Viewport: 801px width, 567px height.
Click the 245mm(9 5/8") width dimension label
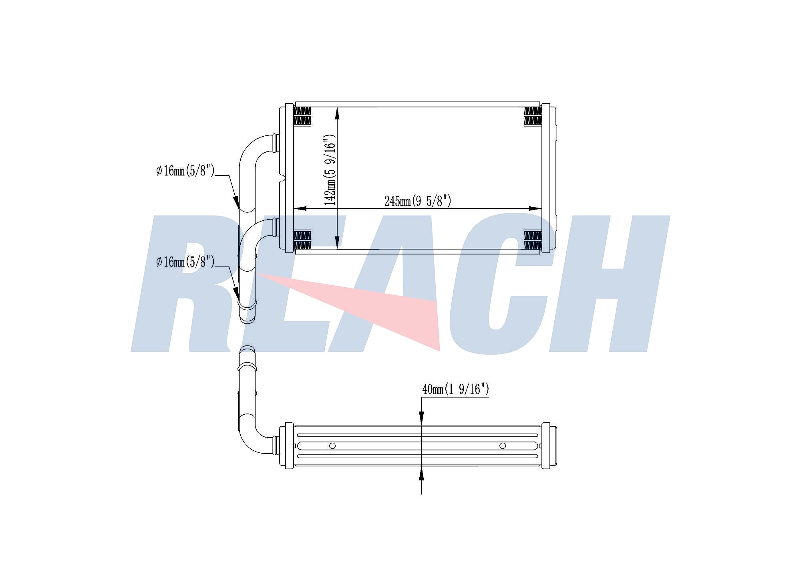click(418, 201)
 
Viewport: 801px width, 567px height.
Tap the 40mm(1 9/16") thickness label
click(455, 389)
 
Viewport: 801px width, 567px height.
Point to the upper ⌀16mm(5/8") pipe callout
click(185, 171)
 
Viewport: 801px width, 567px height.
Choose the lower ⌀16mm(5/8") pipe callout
click(185, 262)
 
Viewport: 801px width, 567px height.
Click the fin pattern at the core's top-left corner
click(302, 116)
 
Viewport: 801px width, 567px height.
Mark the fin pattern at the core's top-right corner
click(533, 116)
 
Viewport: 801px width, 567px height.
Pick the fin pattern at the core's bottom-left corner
click(302, 240)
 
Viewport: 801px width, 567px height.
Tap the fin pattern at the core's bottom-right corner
click(533, 240)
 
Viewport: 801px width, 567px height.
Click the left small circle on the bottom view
click(332, 446)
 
